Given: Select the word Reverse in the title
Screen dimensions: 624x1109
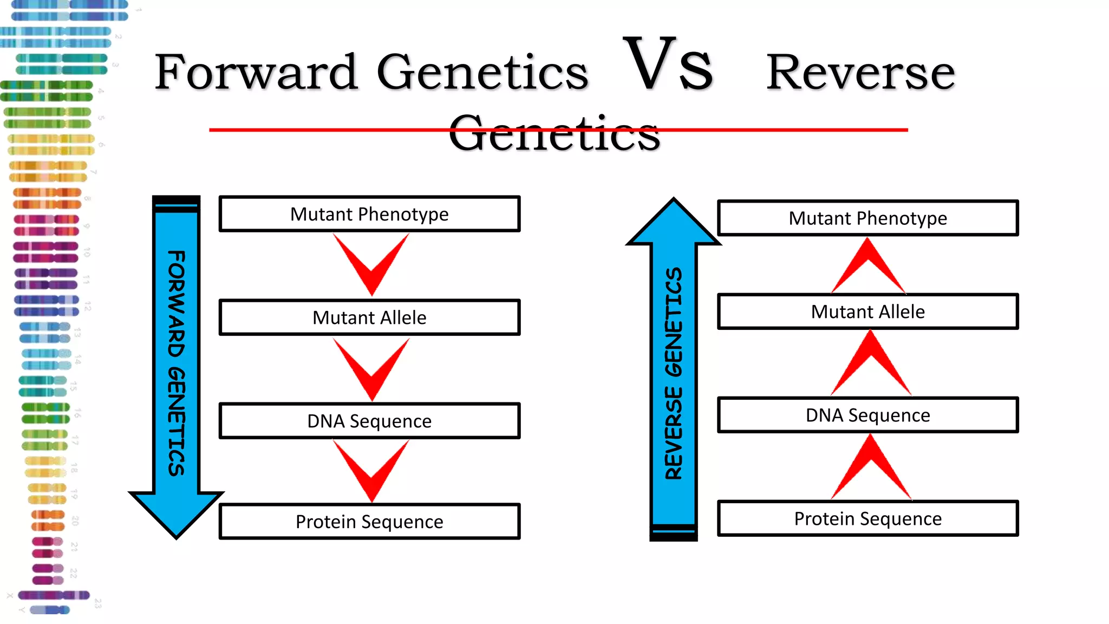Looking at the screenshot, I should tap(860, 73).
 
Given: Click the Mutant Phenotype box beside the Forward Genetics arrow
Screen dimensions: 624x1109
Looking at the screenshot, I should tap(369, 214).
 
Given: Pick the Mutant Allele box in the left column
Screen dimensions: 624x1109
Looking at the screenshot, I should tap(369, 317).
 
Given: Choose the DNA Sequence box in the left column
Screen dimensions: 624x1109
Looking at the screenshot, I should tap(369, 421).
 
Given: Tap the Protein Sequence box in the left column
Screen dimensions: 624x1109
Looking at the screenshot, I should tap(369, 522).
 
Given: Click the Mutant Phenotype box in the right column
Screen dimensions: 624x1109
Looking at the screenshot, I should tap(867, 218).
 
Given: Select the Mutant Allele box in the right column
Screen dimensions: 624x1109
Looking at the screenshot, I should tap(867, 311).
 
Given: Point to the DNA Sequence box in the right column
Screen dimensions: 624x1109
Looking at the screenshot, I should tap(867, 415).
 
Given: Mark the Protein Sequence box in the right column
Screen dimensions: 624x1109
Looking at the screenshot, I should tap(867, 518).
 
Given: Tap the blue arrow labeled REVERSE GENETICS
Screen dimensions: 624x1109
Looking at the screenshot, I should tap(674, 374).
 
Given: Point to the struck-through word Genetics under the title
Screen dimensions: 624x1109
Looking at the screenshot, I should tap(554, 133).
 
